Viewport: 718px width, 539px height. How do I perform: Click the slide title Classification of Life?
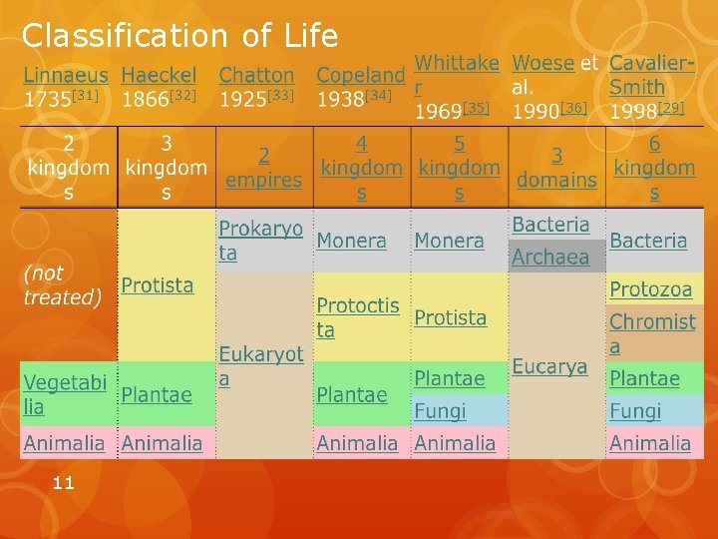[179, 36]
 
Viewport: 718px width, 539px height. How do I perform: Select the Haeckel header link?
[159, 75]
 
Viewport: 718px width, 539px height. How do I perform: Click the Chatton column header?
[256, 75]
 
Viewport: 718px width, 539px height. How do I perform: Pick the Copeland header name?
[360, 75]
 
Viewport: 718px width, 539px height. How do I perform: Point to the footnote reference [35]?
[477, 108]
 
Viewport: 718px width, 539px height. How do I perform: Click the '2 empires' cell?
[263, 168]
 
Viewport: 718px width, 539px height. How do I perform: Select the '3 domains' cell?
[558, 168]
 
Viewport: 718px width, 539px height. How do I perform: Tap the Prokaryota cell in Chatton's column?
[260, 241]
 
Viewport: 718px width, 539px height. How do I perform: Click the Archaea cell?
[549, 258]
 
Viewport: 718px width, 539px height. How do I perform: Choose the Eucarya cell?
[549, 366]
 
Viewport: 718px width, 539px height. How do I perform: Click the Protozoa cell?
[650, 289]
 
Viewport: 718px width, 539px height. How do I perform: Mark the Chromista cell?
[652, 333]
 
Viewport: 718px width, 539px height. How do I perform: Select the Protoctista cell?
[357, 316]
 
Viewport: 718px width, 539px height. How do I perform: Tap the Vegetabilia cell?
[64, 394]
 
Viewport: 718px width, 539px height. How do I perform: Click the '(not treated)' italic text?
[62, 285]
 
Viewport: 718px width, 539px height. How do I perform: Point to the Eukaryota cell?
[260, 366]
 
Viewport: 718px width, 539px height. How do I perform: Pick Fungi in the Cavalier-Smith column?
[635, 411]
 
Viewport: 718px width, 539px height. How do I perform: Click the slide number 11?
[63, 483]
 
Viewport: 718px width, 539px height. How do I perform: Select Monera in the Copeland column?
[351, 241]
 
